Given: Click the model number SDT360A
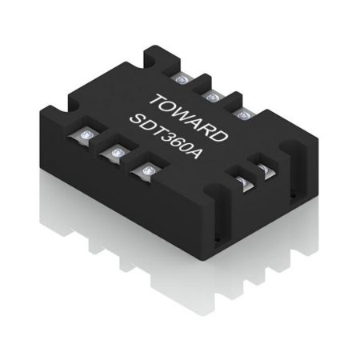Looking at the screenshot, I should pos(170,136).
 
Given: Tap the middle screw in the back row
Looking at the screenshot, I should pos(213,96).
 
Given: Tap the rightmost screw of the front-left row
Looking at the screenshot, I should pos(146,170).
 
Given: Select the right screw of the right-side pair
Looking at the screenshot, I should pos(262,170).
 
